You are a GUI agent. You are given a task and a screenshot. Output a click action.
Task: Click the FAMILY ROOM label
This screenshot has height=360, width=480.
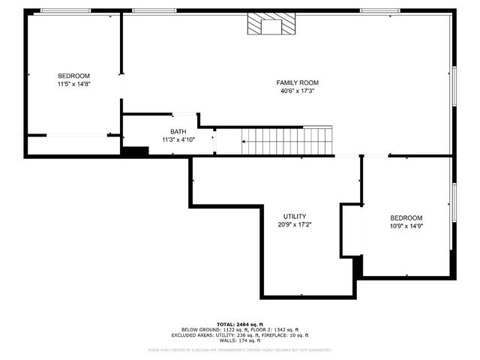pos(298,82)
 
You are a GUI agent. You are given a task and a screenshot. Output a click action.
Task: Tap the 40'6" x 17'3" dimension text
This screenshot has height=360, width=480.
pos(298,91)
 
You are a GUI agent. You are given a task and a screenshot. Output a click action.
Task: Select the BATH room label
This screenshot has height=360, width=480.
pos(178,131)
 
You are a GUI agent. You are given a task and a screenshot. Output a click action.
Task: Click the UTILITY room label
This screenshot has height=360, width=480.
pos(294,216)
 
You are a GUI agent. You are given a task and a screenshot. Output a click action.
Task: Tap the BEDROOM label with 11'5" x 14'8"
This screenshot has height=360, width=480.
pos(73,76)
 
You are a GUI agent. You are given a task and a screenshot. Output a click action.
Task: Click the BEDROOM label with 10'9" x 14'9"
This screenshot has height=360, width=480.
pos(406,217)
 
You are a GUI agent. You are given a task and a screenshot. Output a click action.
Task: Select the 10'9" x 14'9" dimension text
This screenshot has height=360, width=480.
pos(406,226)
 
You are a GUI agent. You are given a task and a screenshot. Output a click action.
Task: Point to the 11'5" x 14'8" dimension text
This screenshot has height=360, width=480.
pos(73,85)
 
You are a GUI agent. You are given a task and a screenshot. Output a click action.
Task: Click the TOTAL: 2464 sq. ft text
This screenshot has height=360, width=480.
pos(240,324)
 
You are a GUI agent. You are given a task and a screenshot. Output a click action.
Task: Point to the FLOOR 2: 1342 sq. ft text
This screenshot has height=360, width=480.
pos(273,330)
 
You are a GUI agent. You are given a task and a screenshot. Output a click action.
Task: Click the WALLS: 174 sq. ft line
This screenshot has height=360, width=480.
pos(240,341)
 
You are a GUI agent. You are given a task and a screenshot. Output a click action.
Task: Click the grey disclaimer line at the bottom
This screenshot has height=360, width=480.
pos(240,349)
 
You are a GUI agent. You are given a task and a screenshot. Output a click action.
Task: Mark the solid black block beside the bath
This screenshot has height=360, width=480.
pos(136,151)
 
